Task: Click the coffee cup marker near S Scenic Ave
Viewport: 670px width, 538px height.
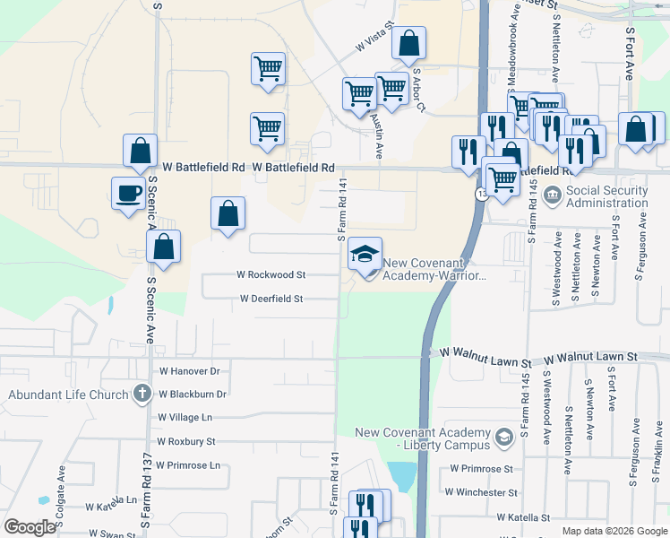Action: [x=128, y=192]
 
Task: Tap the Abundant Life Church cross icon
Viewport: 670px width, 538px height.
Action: [x=142, y=393]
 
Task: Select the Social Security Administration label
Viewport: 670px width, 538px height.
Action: [x=606, y=196]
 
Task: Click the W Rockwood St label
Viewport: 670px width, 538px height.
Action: [x=271, y=275]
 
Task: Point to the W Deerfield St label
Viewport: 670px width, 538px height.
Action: [x=271, y=299]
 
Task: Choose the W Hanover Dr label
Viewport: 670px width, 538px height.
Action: [x=189, y=370]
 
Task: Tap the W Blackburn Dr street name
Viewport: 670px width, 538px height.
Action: [x=192, y=394]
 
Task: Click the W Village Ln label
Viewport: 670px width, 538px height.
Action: [x=185, y=417]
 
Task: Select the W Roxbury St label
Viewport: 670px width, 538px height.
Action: [x=185, y=441]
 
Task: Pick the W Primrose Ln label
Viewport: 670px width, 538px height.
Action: [x=187, y=465]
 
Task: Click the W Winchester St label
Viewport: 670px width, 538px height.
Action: [x=484, y=492]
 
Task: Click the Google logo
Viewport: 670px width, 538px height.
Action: [x=29, y=527]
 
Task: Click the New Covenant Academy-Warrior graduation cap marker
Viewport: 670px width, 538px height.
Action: [x=365, y=253]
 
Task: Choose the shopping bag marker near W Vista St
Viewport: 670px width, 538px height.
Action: [x=408, y=43]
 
